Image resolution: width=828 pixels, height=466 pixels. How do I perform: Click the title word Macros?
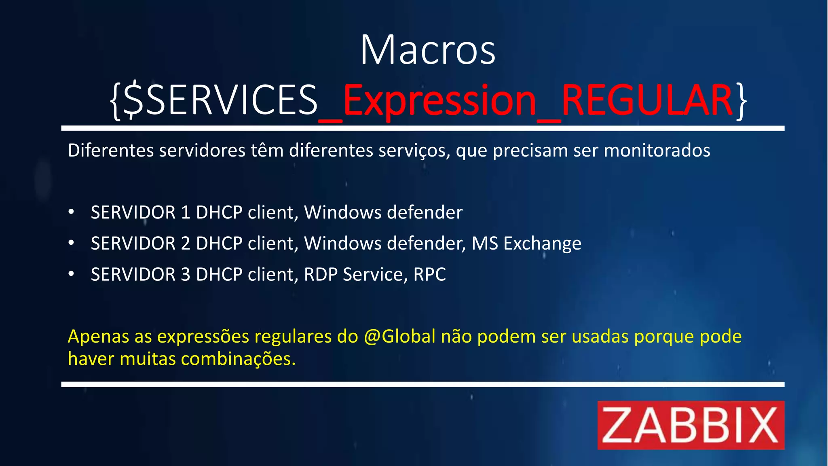pos(428,50)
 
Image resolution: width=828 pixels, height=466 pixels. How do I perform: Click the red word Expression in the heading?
pos(439,100)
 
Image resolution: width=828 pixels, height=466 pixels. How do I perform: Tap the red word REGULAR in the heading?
pos(647,100)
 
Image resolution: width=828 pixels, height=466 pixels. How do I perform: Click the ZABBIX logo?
pos(691,425)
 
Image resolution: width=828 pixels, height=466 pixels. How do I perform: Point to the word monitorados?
pos(657,150)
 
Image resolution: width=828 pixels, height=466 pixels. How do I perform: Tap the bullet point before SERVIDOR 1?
pos(72,212)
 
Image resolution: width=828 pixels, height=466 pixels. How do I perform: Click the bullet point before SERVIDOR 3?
pos(72,274)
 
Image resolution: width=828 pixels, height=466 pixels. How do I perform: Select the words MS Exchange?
pos(526,244)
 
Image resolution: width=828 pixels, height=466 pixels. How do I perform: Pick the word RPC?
pos(429,275)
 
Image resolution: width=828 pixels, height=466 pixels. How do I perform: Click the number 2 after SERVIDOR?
pos(186,244)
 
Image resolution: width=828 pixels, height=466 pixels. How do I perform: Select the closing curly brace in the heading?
pos(741,101)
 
